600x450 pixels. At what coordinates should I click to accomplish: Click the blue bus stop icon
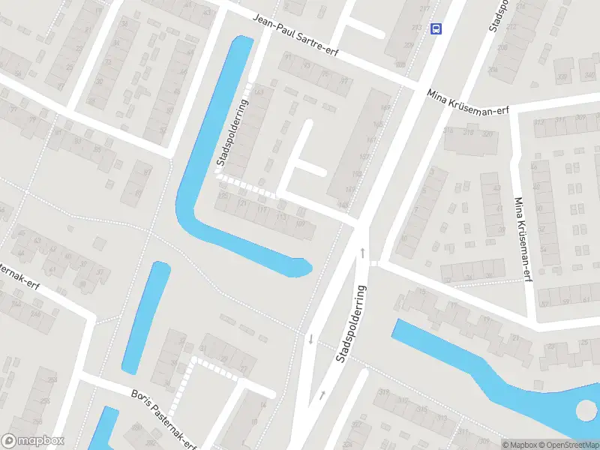pyautogui.click(x=436, y=28)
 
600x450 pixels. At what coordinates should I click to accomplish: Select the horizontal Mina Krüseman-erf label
pyautogui.click(x=468, y=102)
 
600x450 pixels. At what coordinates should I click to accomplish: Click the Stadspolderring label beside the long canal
pyautogui.click(x=232, y=133)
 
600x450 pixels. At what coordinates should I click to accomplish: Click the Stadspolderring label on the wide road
pyautogui.click(x=351, y=323)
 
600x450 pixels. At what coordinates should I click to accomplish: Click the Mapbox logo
pyautogui.click(x=33, y=441)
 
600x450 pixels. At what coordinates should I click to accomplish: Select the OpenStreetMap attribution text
pyautogui.click(x=568, y=445)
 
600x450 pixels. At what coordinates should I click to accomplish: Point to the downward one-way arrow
pyautogui.click(x=310, y=340)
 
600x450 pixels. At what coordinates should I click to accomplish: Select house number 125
pyautogui.click(x=222, y=196)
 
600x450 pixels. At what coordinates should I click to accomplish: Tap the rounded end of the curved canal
pyautogui.click(x=303, y=266)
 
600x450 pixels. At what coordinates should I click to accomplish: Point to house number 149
pyautogui.click(x=343, y=203)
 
